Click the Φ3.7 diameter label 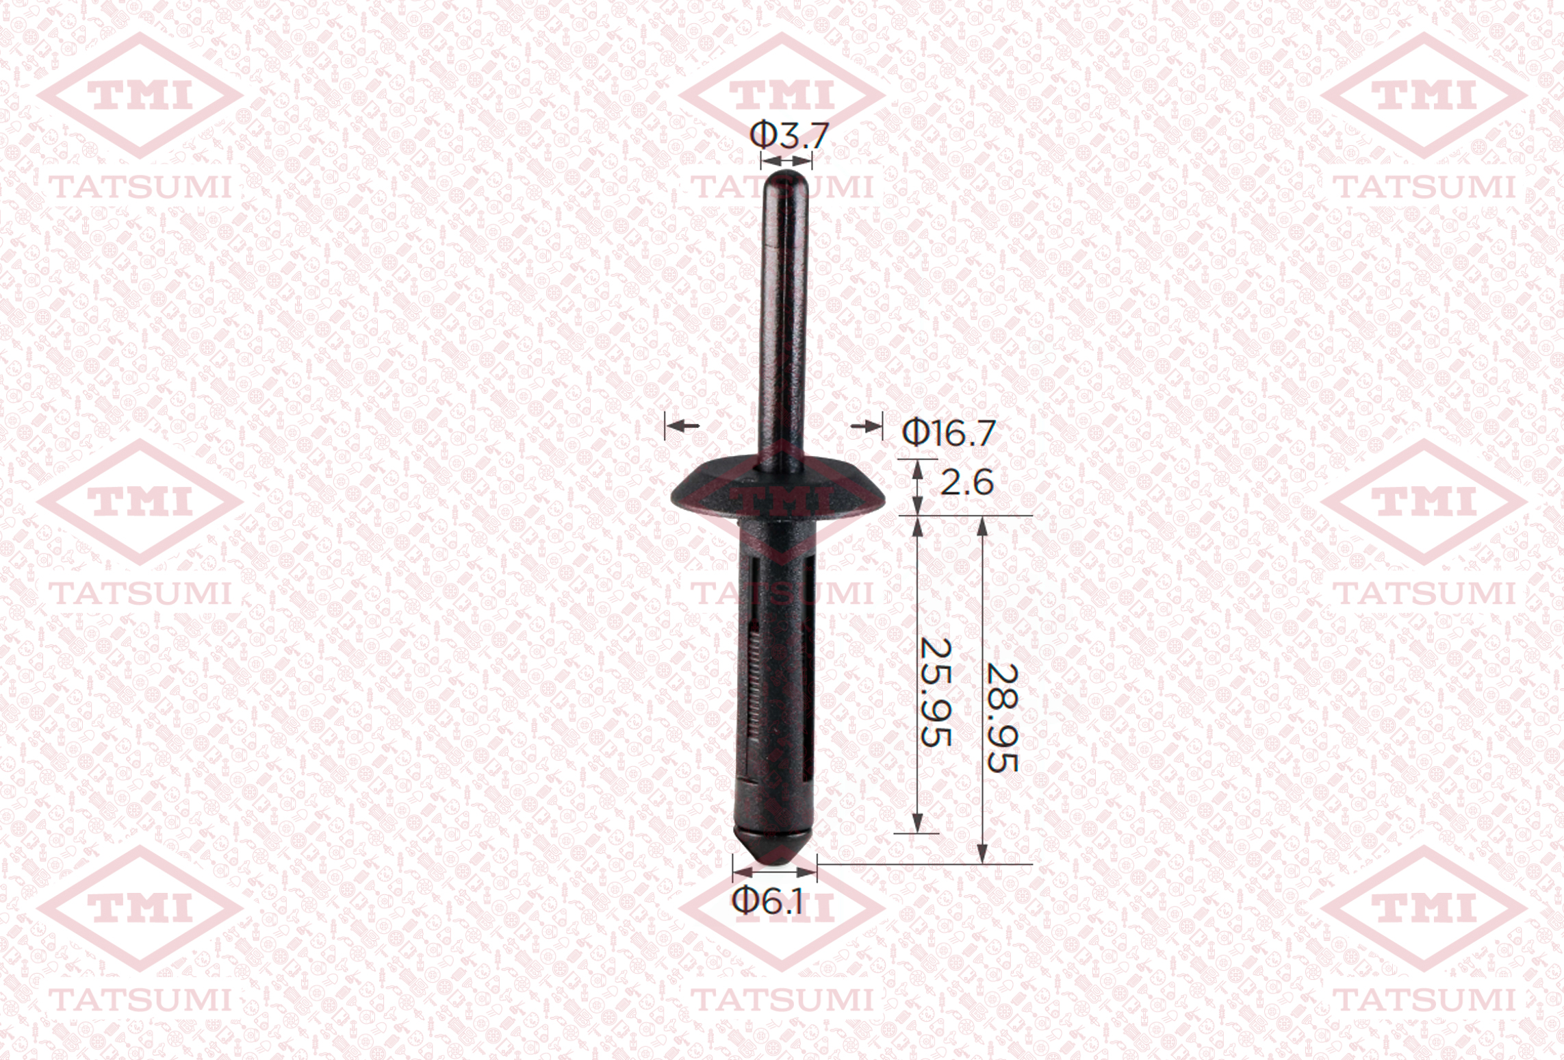tap(789, 135)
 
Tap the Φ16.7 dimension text tap(948, 433)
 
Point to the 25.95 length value tap(936, 692)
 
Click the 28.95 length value tap(1002, 718)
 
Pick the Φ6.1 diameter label tap(768, 900)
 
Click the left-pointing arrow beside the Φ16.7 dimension tap(682, 426)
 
